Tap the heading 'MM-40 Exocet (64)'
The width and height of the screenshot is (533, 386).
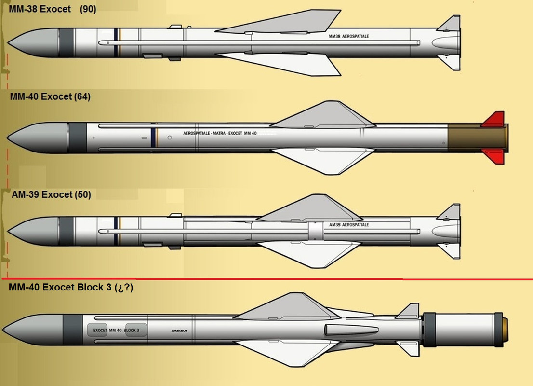(x=50, y=96)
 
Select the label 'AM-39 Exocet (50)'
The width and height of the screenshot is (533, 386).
(x=51, y=195)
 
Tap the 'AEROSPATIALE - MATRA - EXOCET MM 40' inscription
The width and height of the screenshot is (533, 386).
(x=219, y=133)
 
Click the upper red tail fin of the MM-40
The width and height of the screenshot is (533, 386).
(x=493, y=119)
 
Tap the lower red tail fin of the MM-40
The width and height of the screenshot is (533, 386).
(x=493, y=156)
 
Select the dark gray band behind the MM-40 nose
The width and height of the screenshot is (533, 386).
(x=77, y=137)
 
